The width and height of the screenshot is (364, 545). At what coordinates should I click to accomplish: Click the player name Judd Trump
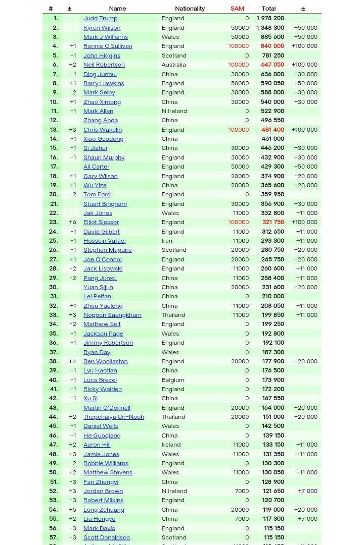[x=100, y=18]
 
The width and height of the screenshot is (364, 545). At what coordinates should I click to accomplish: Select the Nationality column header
[x=190, y=9]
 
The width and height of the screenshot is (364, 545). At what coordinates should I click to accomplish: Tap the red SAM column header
[x=237, y=9]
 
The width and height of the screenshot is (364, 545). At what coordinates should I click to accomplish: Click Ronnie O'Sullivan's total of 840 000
[x=272, y=46]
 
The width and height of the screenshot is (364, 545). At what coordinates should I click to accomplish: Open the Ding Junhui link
[x=100, y=74]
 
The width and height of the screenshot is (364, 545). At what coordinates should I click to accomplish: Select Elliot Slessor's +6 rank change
[x=73, y=223]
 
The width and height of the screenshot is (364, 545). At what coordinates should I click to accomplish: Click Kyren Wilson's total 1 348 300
[x=270, y=28]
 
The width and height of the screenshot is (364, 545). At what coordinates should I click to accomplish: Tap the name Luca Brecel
[x=100, y=380]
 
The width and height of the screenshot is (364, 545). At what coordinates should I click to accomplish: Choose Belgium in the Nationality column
[x=173, y=380]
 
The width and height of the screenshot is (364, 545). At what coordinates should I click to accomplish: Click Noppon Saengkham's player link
[x=112, y=315]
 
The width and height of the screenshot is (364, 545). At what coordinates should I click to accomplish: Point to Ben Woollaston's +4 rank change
[x=73, y=361]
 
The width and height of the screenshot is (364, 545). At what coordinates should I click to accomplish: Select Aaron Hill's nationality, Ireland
[x=171, y=445]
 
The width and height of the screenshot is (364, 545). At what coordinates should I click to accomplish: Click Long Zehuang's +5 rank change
[x=73, y=510]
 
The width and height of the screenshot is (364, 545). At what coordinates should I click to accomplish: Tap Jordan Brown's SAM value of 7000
[x=242, y=491]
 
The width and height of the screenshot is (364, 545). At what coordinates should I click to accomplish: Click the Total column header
[x=268, y=9]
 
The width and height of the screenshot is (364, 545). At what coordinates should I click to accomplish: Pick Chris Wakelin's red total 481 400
[x=272, y=130]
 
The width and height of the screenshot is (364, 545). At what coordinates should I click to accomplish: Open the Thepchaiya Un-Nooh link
[x=114, y=417]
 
